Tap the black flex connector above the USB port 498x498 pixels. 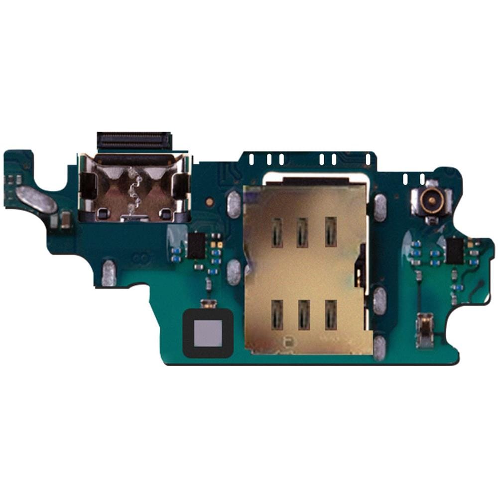point(134,141)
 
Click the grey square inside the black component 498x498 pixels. point(208,333)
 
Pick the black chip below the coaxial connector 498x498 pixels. point(454,250)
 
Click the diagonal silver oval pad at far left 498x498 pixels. point(36,199)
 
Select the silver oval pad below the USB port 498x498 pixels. point(109,273)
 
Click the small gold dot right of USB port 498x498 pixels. point(210,202)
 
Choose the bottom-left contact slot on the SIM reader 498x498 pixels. point(277,315)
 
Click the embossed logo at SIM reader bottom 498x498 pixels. point(287,342)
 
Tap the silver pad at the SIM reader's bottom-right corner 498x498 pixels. point(379,348)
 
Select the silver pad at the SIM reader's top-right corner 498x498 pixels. point(380,207)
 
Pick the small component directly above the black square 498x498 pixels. point(207,303)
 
